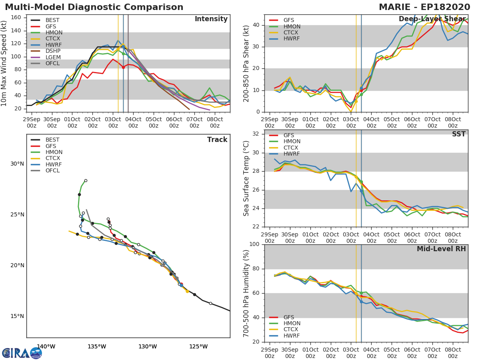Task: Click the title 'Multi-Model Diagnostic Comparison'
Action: [94, 7]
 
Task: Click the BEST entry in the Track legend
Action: [52, 140]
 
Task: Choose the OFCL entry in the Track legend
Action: [52, 171]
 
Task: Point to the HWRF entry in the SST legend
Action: [292, 154]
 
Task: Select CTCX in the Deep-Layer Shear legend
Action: [292, 32]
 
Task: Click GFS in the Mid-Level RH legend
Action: [288, 317]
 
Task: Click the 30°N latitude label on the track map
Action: [17, 164]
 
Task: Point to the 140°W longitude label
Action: [46, 346]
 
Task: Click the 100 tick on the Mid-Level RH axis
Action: [255, 244]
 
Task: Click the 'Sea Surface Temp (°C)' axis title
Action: [246, 178]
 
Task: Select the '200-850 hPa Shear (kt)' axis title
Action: [246, 63]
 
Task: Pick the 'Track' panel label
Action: [217, 140]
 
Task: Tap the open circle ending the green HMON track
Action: [86, 180]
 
